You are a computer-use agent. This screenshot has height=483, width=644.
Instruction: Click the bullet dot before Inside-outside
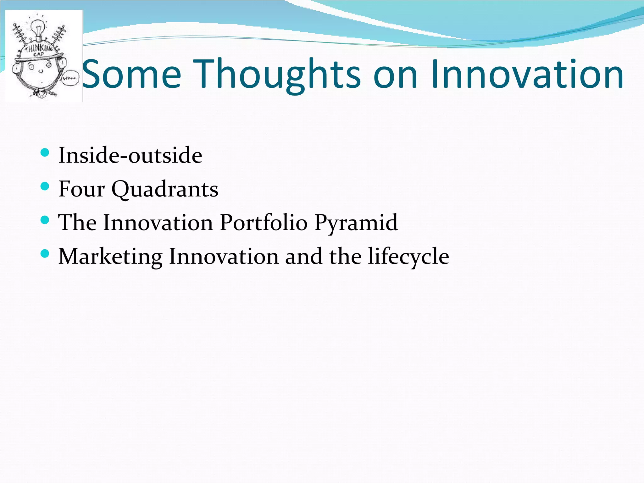coord(45,153)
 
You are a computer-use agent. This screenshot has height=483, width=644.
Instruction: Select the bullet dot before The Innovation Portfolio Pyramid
coord(45,220)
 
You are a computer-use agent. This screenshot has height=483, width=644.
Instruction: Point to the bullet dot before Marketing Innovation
coord(45,254)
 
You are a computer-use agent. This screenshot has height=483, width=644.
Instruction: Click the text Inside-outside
coord(130,155)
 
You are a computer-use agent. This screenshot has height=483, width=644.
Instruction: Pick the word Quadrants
coord(165,190)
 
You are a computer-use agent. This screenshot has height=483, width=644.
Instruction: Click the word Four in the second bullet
coord(81,189)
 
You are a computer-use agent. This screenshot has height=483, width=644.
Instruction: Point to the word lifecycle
coord(408,257)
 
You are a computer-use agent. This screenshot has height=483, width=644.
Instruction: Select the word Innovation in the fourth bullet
coord(224,256)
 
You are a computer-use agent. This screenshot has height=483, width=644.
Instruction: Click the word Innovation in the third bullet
coord(158,223)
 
